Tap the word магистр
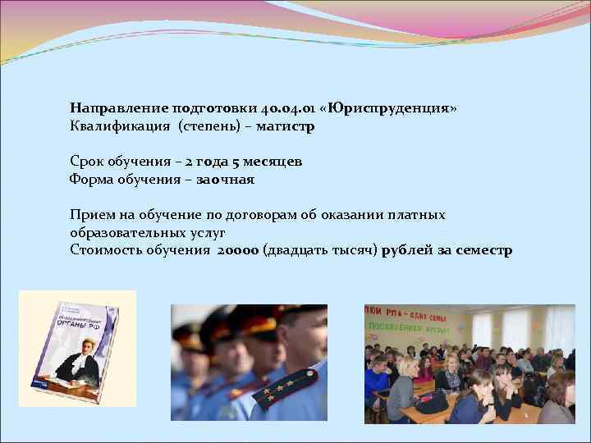(x=285, y=127)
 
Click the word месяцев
(x=273, y=162)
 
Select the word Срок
(x=88, y=162)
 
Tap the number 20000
(x=238, y=250)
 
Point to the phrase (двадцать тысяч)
(x=321, y=250)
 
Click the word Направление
(x=118, y=108)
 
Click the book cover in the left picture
(x=76, y=348)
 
